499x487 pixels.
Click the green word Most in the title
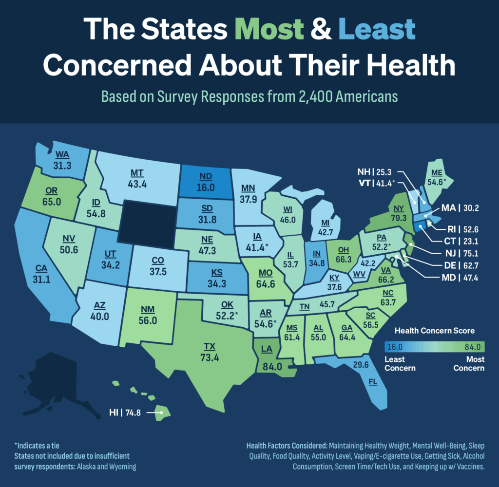[269, 31]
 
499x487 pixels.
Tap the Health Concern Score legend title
[435, 331]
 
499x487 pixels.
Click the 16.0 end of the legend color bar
[395, 347]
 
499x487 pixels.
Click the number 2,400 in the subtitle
[310, 96]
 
